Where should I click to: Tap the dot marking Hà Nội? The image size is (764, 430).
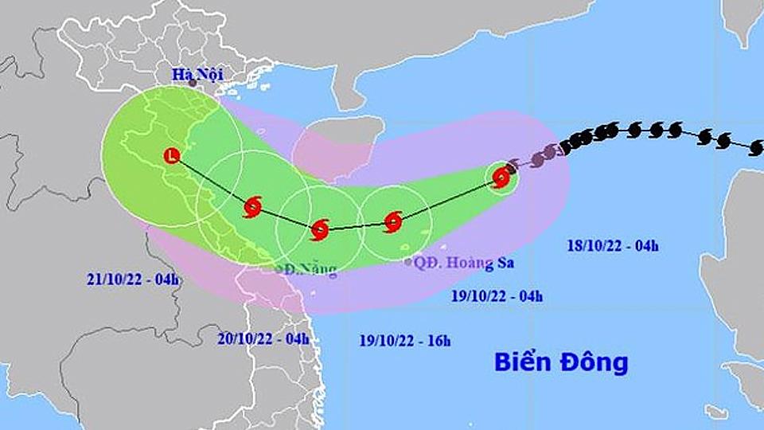pos(192,83)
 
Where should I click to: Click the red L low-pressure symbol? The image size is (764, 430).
pos(171,156)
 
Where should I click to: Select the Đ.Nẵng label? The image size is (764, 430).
pos(309,270)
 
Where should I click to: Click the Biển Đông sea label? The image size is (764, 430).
pos(561,362)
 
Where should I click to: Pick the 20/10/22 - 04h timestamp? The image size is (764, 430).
pos(263,338)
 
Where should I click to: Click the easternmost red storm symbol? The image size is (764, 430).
pos(501,178)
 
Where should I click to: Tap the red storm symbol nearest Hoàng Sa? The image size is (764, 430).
pos(392,221)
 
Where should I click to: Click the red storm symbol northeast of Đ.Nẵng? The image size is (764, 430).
pos(319,229)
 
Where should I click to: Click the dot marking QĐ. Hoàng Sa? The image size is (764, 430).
pos(408,261)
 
